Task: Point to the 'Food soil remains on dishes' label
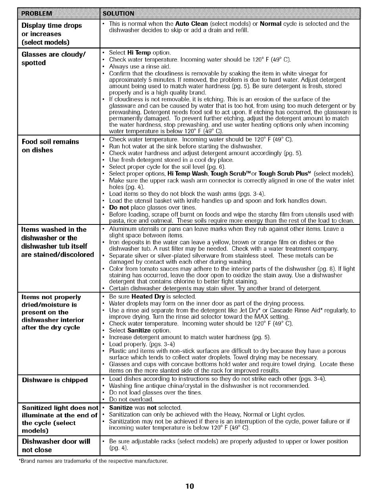50,146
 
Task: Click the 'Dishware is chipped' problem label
55,380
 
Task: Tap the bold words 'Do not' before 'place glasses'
120,207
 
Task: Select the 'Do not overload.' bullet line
131,399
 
